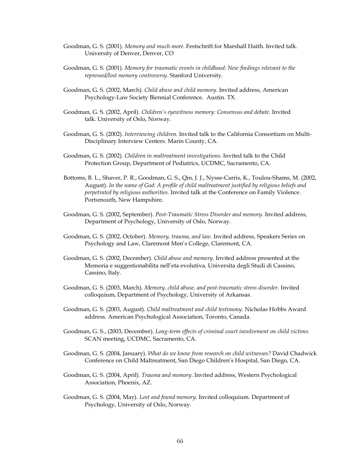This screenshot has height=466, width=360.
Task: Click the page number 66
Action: point(180,441)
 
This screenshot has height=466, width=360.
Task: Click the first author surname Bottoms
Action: point(75,177)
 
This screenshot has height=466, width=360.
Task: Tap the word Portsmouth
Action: point(100,199)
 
